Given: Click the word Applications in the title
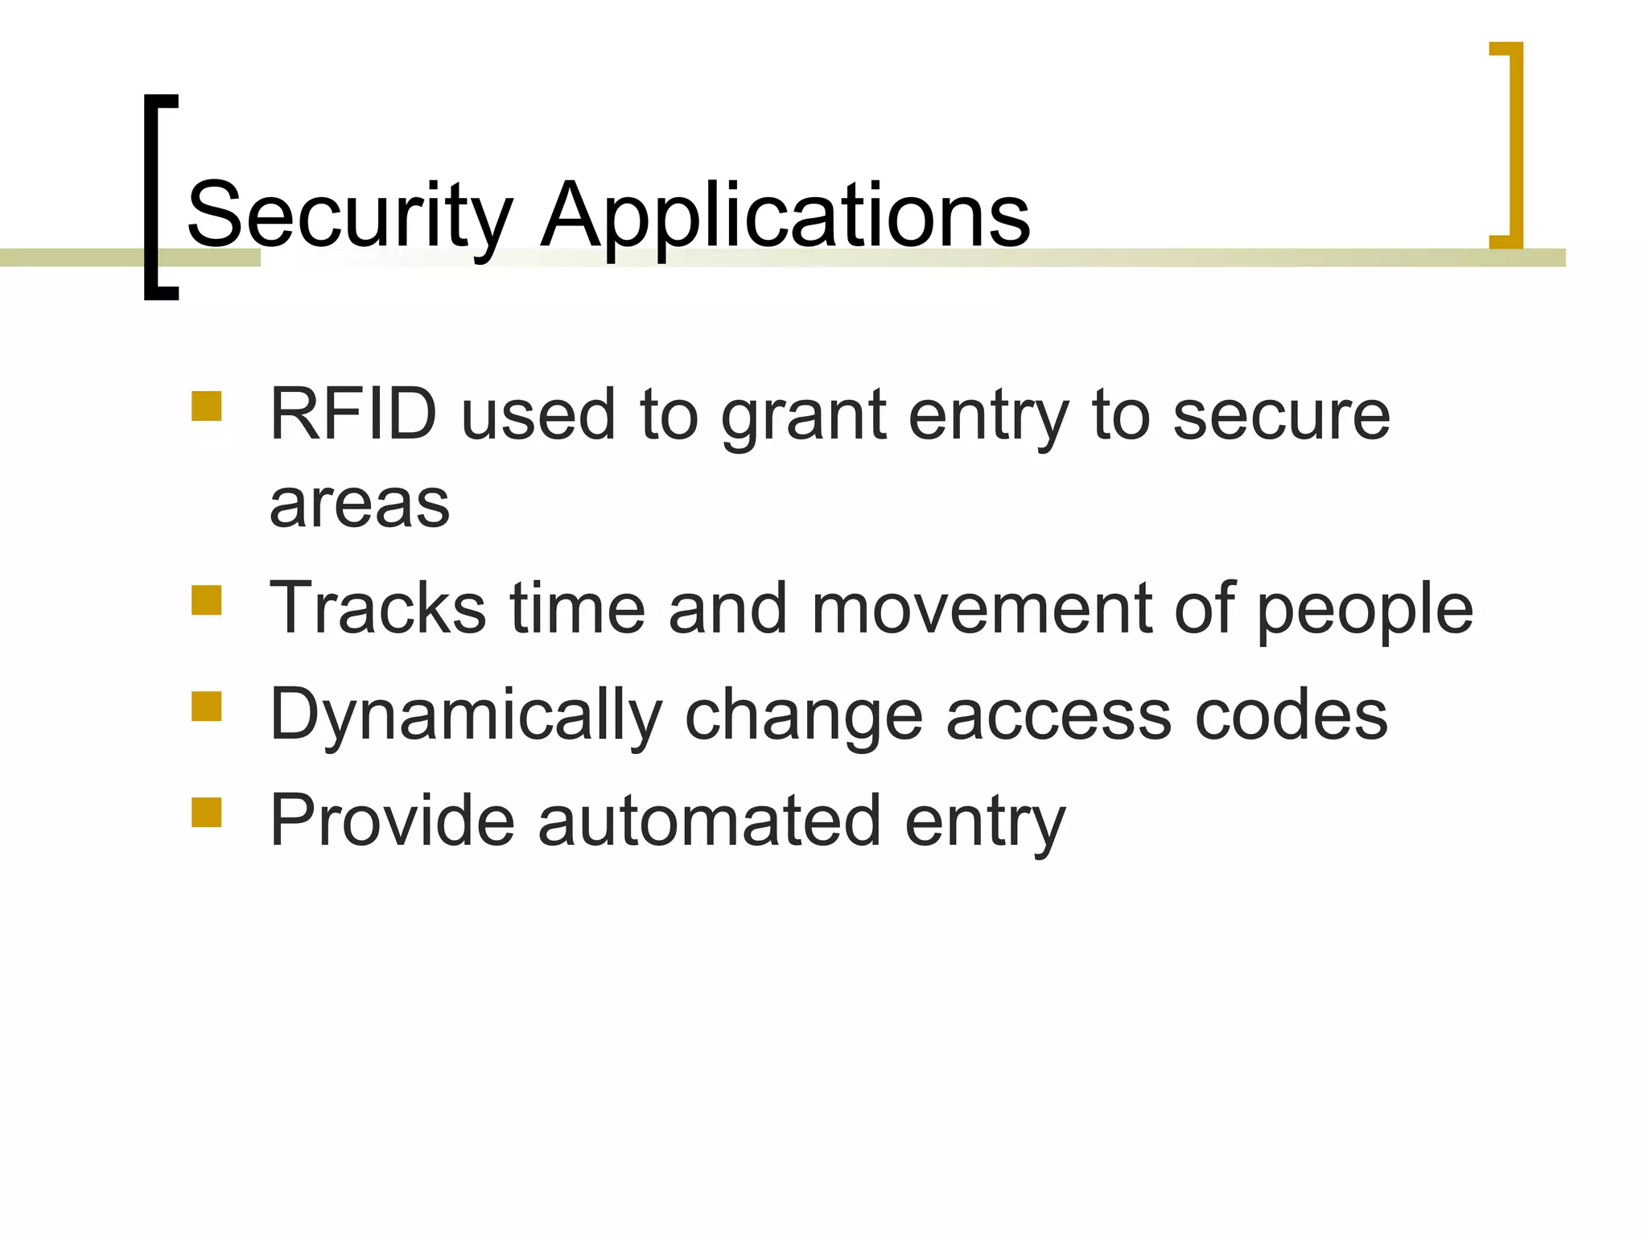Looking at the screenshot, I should pyautogui.click(x=785, y=216).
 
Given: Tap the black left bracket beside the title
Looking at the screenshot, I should pyautogui.click(x=152, y=197).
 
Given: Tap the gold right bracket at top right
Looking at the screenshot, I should pyautogui.click(x=1514, y=145).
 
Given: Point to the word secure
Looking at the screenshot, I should pyautogui.click(x=1281, y=417).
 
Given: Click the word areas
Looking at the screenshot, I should pyautogui.click(x=359, y=505).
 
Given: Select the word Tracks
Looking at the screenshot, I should pyautogui.click(x=377, y=608).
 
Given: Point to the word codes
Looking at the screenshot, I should pyautogui.click(x=1291, y=715).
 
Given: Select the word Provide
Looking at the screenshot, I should pyautogui.click(x=391, y=821).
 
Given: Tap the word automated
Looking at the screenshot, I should pyautogui.click(x=709, y=821).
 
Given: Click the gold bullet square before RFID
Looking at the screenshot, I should pyautogui.click(x=207, y=407).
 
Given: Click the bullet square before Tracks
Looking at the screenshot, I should pyautogui.click(x=207, y=600).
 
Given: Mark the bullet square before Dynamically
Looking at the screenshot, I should pyautogui.click(x=207, y=707).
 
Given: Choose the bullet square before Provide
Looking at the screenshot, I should pyautogui.click(x=207, y=813).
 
